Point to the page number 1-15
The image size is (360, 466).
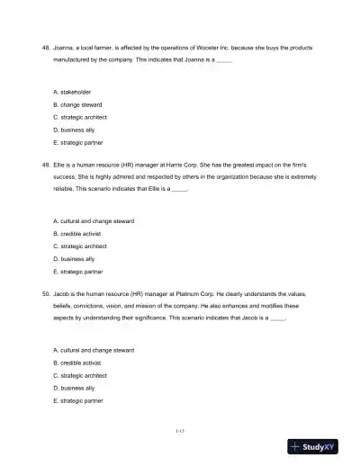tap(180, 432)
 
